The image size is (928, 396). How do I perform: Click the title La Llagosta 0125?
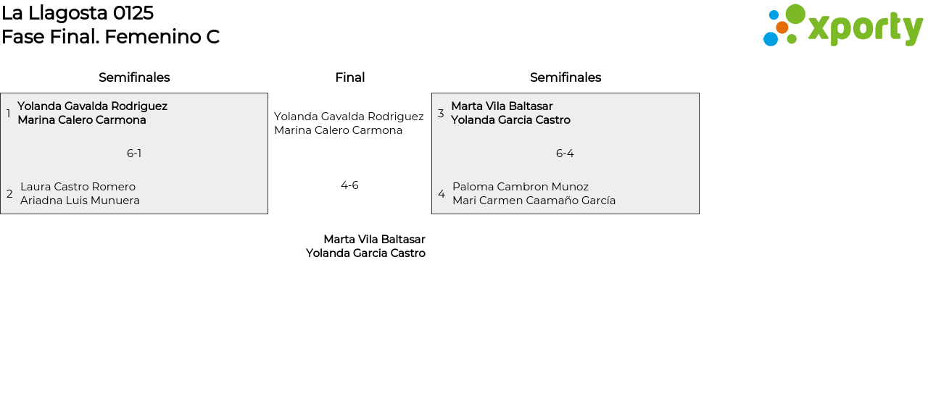(x=78, y=13)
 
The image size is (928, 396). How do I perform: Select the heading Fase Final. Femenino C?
(x=111, y=37)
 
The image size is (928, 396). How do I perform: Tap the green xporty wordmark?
(x=866, y=29)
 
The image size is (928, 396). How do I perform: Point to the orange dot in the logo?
(x=782, y=28)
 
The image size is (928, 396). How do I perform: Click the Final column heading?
(x=350, y=77)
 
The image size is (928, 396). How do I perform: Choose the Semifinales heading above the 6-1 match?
(x=134, y=77)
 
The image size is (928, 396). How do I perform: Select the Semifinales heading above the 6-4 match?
(x=565, y=77)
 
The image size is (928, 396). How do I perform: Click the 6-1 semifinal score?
(x=134, y=153)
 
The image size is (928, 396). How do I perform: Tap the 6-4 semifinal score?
(x=565, y=153)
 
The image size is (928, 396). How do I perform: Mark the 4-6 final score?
(x=349, y=185)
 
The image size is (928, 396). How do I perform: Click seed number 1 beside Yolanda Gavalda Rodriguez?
(x=8, y=113)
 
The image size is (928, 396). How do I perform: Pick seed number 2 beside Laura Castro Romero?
(x=9, y=193)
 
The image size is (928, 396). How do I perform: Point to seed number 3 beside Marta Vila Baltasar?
(x=441, y=113)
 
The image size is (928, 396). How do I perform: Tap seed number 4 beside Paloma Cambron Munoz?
(x=442, y=193)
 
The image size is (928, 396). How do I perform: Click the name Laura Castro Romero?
(x=78, y=187)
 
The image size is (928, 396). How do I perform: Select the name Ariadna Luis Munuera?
(x=80, y=201)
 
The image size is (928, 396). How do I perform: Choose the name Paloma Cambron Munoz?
(x=521, y=187)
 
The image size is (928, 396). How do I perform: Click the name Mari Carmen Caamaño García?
(x=534, y=201)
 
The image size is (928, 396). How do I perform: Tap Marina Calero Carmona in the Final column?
(x=338, y=130)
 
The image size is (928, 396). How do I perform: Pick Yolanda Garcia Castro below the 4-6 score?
(x=365, y=253)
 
